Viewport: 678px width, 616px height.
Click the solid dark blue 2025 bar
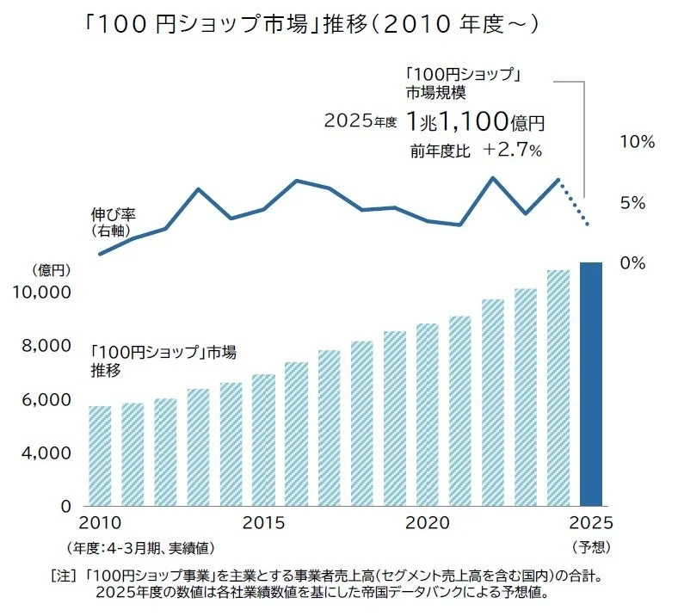click(590, 384)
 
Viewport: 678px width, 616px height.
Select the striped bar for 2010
click(100, 455)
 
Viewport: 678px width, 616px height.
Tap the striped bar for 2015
click(263, 440)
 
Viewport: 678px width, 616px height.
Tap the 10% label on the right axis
click(637, 143)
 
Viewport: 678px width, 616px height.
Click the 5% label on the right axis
click(632, 203)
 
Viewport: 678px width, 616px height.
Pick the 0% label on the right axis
click(632, 263)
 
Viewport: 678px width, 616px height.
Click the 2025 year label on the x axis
click(590, 523)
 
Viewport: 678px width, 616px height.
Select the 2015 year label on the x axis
click(263, 523)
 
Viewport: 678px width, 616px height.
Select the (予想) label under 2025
click(590, 546)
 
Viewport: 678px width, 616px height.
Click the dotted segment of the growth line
click(574, 204)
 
